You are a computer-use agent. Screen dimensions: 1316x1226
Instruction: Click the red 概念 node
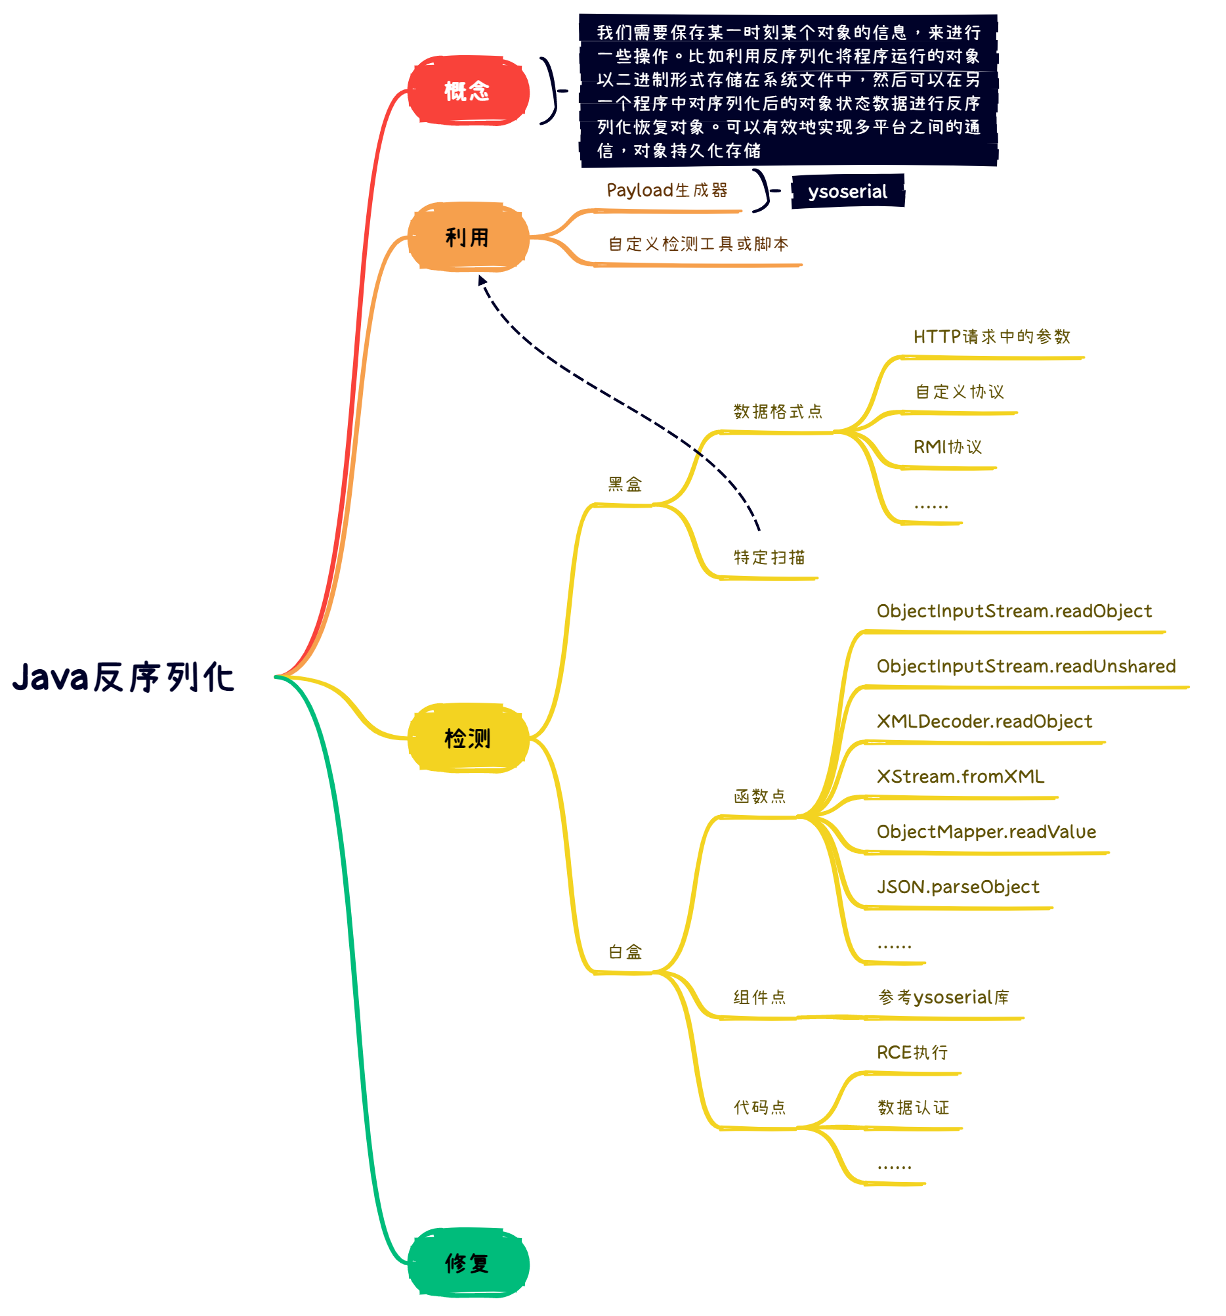tap(467, 91)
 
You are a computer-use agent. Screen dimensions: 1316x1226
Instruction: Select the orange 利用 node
tap(467, 237)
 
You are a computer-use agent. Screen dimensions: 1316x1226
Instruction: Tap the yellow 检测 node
tap(467, 737)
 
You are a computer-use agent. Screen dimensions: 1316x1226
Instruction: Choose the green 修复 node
tap(467, 1262)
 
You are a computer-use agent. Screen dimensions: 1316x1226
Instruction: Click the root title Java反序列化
tap(123, 677)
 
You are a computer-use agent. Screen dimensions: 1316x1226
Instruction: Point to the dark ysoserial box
tap(847, 191)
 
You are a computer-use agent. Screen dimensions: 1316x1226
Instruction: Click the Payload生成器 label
tap(666, 190)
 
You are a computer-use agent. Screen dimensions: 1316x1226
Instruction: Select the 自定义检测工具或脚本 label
tap(698, 244)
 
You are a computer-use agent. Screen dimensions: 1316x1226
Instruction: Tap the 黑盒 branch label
tap(625, 485)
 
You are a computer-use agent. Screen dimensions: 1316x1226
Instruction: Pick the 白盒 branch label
tap(625, 952)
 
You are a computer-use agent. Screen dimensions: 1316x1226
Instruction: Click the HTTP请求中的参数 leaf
tap(991, 337)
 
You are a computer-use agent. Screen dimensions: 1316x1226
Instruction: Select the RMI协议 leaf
tap(948, 447)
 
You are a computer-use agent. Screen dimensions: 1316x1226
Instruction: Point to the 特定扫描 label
tap(769, 558)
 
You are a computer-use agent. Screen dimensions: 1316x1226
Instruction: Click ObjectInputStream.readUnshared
tap(1026, 666)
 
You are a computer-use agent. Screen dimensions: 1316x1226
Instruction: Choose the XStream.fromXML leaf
tap(960, 776)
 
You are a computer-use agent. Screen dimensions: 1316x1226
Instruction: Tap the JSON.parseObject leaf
tap(958, 887)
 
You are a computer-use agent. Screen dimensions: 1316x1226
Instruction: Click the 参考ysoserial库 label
tap(943, 997)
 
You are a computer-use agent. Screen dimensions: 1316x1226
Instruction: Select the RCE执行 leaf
tap(912, 1052)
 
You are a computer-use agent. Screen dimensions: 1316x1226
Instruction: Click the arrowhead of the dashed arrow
tap(482, 280)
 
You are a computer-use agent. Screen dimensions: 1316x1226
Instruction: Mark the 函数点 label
tap(759, 797)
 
